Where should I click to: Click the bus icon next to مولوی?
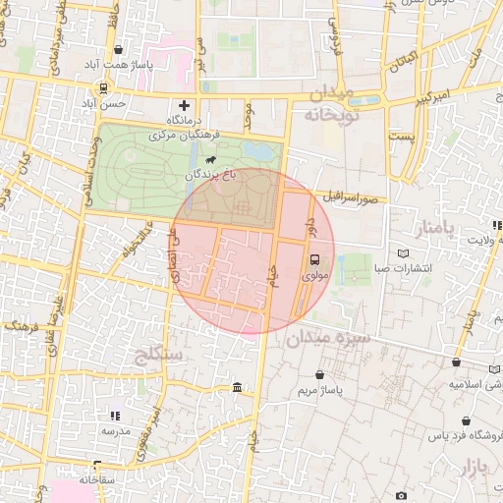coord(315,260)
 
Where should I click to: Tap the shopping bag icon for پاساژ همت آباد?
coord(119,49)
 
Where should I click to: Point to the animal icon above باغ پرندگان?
coord(212,158)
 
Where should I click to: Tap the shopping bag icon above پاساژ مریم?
coord(321,374)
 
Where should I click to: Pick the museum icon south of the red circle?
coord(238,389)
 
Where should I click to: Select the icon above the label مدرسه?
coord(115,416)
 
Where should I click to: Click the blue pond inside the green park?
coord(259,152)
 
